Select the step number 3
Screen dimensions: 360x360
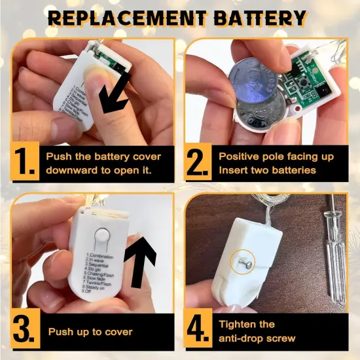coord(24,331)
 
